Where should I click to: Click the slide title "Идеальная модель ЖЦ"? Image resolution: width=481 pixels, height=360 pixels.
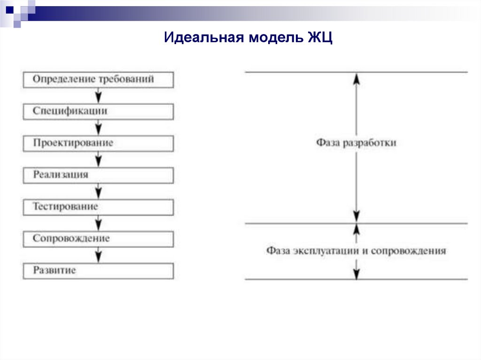[x=248, y=38]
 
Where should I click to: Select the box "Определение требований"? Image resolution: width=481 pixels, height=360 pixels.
[x=98, y=79]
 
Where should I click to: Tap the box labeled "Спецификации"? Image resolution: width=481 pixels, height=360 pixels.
[x=98, y=111]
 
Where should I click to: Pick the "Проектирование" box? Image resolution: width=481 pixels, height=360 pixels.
[x=98, y=143]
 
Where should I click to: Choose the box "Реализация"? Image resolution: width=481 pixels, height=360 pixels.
[x=98, y=175]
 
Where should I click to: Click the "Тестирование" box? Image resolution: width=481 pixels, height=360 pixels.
[x=98, y=207]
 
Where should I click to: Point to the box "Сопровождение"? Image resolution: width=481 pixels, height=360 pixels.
[x=98, y=239]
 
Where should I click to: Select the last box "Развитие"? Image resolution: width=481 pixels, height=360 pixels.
[x=98, y=271]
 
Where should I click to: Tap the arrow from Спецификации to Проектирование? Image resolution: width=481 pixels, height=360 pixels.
[x=98, y=127]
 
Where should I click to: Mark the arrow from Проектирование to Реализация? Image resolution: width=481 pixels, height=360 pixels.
[x=98, y=159]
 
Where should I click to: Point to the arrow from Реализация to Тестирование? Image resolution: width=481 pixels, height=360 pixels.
[x=98, y=191]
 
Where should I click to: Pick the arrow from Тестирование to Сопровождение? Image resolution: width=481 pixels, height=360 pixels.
[x=98, y=223]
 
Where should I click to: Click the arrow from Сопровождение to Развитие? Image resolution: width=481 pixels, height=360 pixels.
[x=98, y=255]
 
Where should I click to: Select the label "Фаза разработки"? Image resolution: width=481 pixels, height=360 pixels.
[x=356, y=143]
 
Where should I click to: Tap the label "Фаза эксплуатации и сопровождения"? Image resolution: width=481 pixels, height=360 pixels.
[x=356, y=251]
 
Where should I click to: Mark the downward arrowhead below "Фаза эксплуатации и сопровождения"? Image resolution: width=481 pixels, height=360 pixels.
[x=356, y=275]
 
